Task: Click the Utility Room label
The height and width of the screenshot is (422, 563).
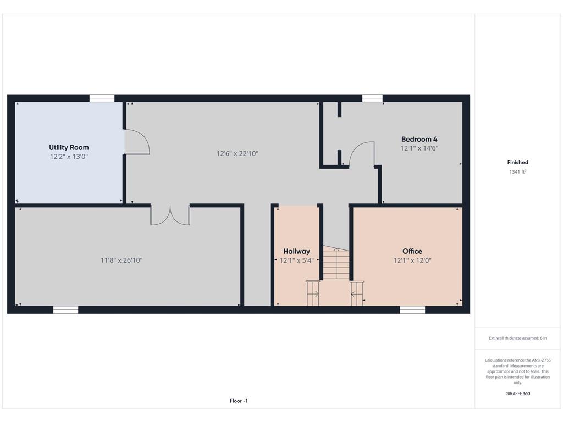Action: (x=69, y=147)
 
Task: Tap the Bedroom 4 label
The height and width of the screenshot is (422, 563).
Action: (x=419, y=139)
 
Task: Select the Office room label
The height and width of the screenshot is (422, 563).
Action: (x=412, y=251)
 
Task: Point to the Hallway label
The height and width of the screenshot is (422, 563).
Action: (x=296, y=251)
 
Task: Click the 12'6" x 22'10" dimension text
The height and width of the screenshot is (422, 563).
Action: (x=238, y=154)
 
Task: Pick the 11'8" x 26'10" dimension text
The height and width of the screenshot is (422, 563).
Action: (x=122, y=260)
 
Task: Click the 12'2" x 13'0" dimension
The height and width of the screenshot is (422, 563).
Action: (x=69, y=157)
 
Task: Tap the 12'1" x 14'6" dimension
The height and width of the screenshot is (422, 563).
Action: (x=419, y=148)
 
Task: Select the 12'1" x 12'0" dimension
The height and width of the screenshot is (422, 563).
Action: (x=412, y=260)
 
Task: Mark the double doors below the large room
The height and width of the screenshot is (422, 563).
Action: (x=170, y=215)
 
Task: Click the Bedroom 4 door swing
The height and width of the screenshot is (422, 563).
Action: (x=361, y=153)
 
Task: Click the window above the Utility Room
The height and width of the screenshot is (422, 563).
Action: (x=102, y=98)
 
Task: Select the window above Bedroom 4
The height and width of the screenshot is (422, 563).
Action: (x=372, y=98)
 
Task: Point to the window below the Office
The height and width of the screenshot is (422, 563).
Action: (x=412, y=310)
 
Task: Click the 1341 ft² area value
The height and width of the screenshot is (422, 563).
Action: (x=517, y=172)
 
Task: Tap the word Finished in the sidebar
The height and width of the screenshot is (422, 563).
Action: (x=517, y=162)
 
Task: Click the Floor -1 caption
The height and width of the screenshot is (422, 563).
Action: (x=239, y=401)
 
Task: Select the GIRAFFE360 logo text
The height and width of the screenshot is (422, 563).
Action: (x=517, y=393)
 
